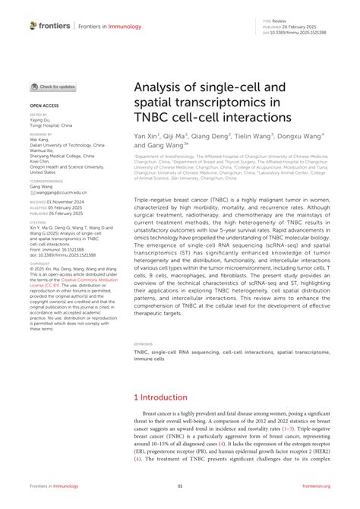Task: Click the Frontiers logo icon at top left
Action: point(33,25)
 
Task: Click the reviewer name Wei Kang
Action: point(39,139)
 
